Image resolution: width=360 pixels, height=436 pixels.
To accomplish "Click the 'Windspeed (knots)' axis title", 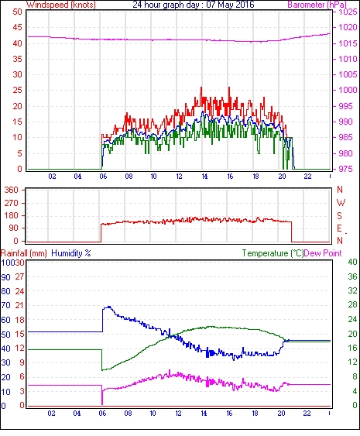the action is [x=61, y=5].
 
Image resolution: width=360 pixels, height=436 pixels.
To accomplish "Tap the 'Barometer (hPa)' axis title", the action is [x=317, y=5].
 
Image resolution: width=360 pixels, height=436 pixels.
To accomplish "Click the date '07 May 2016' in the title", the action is [x=230, y=5].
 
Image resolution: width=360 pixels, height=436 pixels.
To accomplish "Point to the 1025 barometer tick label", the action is [x=348, y=12].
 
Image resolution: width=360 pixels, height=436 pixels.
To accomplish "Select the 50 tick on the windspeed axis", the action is [x=17, y=12].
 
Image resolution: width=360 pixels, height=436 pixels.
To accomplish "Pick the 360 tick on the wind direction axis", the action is [x=11, y=191].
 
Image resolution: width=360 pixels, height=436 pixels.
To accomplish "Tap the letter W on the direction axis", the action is [x=341, y=203].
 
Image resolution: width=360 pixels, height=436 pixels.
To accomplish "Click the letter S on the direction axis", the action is [x=339, y=215].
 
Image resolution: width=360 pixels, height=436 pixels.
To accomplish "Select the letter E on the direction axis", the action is [x=339, y=228].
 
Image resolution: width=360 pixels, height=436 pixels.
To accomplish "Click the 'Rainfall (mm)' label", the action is [x=24, y=253].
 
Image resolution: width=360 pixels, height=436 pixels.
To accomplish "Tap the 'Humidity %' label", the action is [x=71, y=253].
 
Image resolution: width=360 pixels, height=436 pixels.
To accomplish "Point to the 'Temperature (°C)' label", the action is [x=273, y=253].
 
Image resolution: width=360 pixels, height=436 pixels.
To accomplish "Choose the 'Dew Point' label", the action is [x=323, y=253].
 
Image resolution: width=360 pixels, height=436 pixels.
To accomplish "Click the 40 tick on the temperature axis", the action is [x=352, y=263].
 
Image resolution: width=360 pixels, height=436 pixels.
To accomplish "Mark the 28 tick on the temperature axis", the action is [x=352, y=305].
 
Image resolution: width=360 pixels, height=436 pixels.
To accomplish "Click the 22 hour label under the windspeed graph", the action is [x=307, y=177].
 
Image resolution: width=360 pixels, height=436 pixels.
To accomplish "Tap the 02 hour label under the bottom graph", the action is [x=51, y=414].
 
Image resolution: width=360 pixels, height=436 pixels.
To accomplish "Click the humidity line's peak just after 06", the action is [x=109, y=307].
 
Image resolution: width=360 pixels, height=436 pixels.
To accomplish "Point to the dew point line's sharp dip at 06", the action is [x=102, y=403].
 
